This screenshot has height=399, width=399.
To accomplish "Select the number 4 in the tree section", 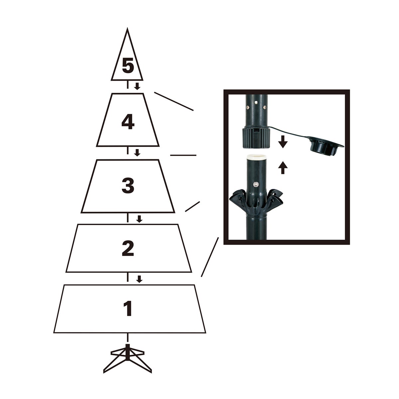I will [x=128, y=123].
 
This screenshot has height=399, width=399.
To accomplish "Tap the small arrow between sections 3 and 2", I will [x=139, y=219].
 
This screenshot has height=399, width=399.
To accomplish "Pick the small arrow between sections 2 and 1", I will [x=139, y=279].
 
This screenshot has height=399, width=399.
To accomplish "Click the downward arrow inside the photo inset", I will [x=283, y=143].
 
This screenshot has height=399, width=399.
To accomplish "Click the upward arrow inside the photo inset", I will [x=283, y=168].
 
